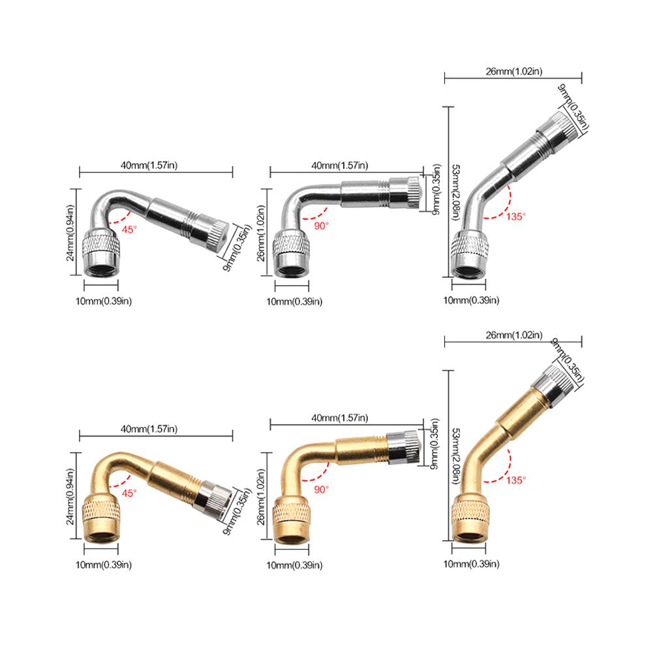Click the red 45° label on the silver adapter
[x=129, y=230]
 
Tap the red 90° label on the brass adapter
[x=321, y=489]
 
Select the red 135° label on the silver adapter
[x=516, y=217]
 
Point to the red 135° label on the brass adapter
[x=516, y=480]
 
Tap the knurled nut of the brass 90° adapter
[x=291, y=512]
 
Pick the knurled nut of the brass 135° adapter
[x=470, y=509]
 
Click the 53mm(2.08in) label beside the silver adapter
[x=455, y=192]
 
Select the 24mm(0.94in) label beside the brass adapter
[x=70, y=497]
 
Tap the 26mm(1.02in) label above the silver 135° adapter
[x=514, y=71]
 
